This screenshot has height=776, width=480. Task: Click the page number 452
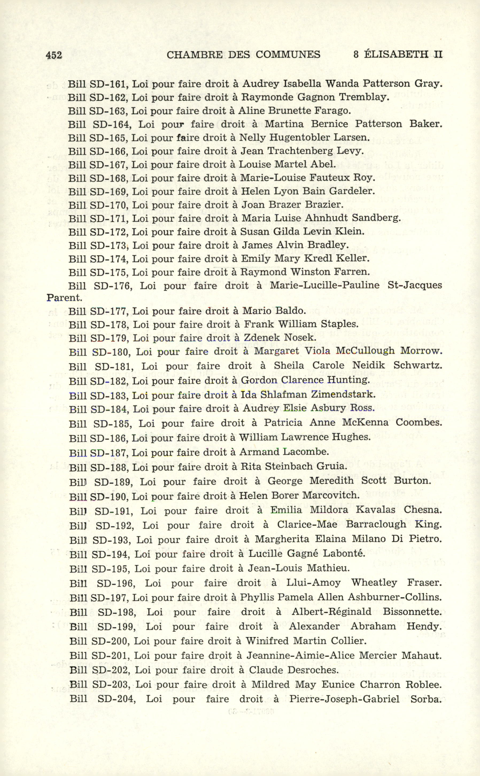coord(54,55)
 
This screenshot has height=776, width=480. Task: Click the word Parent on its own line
coord(64,298)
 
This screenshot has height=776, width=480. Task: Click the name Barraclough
coord(376,524)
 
